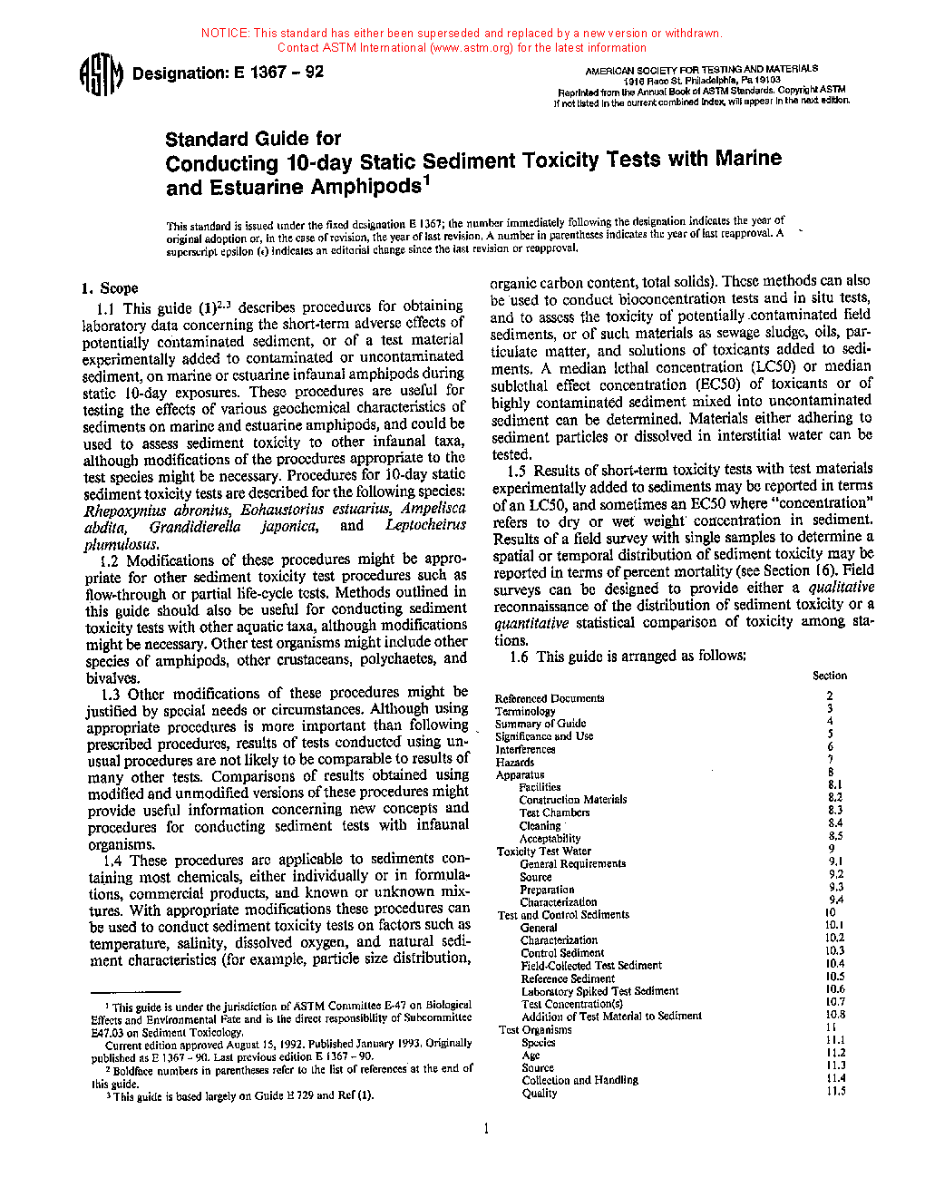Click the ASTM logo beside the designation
point(101,74)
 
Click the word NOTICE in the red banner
point(225,34)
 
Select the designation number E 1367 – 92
point(278,73)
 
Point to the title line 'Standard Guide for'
point(253,139)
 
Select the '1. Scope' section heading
point(110,288)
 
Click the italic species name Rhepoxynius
point(123,511)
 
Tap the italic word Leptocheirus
point(425,525)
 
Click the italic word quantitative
point(531,623)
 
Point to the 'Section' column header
point(829,676)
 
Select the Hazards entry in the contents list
point(514,762)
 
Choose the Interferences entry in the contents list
point(525,749)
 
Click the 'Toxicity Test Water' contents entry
point(543,852)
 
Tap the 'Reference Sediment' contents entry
point(568,978)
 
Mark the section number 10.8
point(834,1015)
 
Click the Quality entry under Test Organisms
point(540,1093)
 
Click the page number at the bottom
point(486,1129)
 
